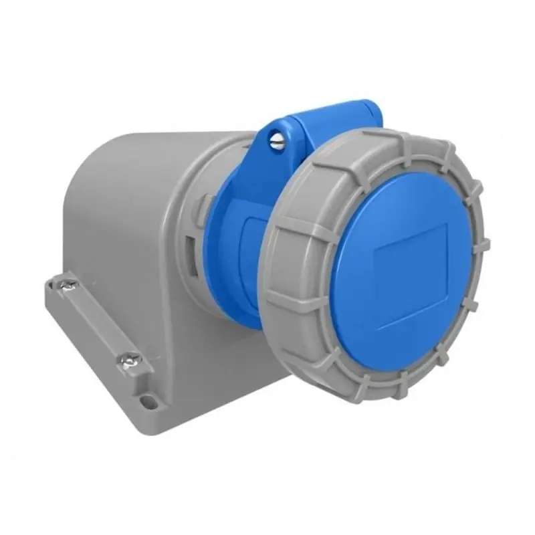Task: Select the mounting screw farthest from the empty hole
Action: tap(69, 285)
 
